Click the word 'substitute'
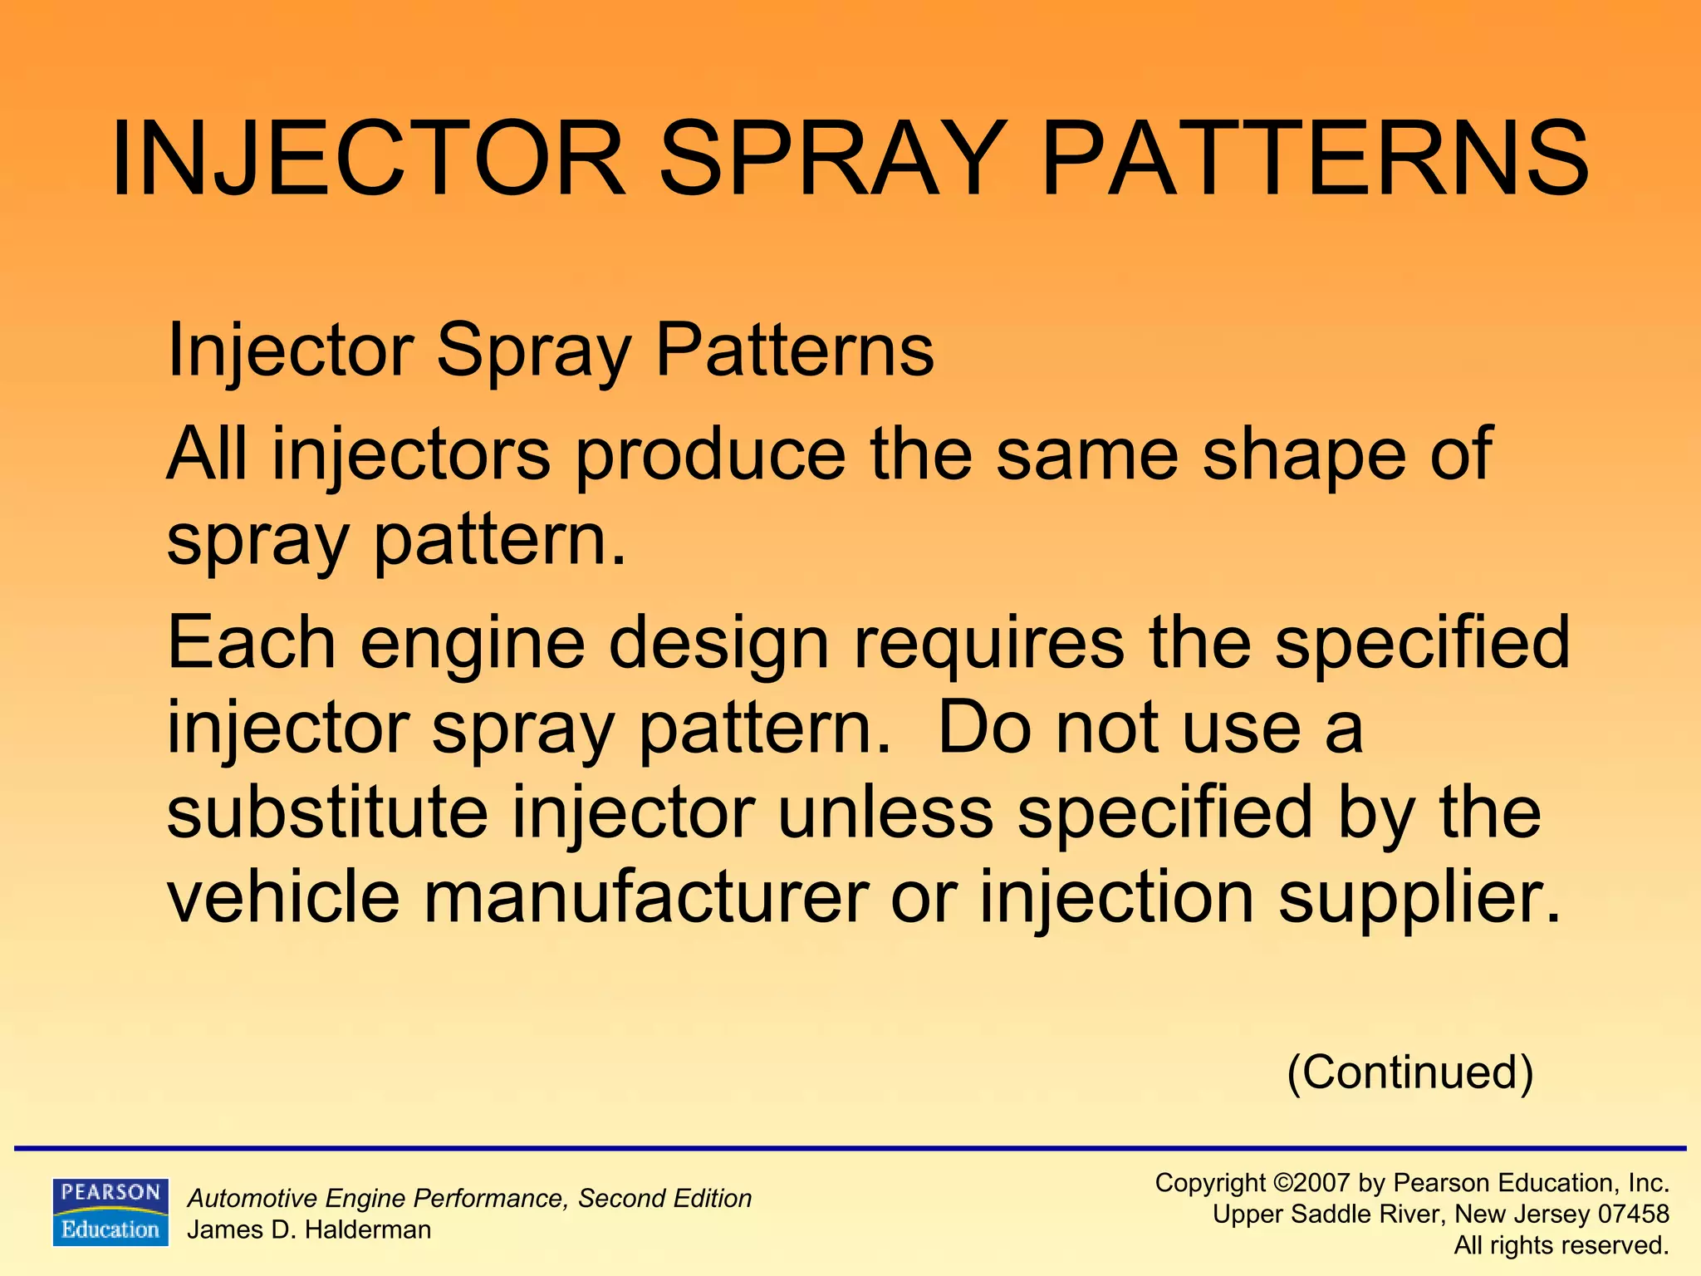click(327, 812)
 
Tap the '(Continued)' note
click(1409, 1072)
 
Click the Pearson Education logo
click(110, 1212)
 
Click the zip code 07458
click(1633, 1215)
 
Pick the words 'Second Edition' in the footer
click(664, 1198)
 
